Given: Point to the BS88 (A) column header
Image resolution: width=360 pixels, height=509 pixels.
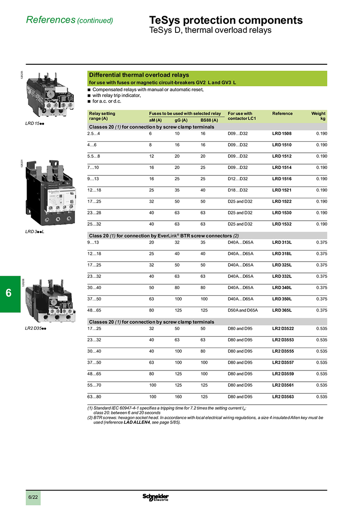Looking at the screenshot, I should pyautogui.click(x=209, y=120).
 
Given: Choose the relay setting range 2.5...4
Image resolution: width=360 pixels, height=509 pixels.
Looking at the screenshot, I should pyautogui.click(x=94, y=134).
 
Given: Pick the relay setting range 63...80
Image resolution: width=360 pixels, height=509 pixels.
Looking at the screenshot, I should pyautogui.click(x=94, y=397).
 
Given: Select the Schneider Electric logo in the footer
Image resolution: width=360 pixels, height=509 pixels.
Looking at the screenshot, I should pyautogui.click(x=156, y=496).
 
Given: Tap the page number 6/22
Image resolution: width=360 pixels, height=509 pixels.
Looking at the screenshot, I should pyautogui.click(x=33, y=497).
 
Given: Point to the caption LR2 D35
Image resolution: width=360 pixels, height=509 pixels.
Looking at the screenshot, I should pyautogui.click(x=36, y=328).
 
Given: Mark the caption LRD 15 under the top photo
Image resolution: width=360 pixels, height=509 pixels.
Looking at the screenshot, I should pyautogui.click(x=34, y=123).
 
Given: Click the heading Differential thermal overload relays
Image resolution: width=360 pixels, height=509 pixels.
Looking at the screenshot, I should pyautogui.click(x=139, y=75).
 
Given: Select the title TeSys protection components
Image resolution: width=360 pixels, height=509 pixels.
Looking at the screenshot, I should pyautogui.click(x=225, y=20).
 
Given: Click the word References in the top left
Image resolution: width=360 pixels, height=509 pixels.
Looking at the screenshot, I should pyautogui.click(x=50, y=20).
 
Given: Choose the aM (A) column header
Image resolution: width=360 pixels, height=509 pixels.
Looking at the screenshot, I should pyautogui.click(x=155, y=120).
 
